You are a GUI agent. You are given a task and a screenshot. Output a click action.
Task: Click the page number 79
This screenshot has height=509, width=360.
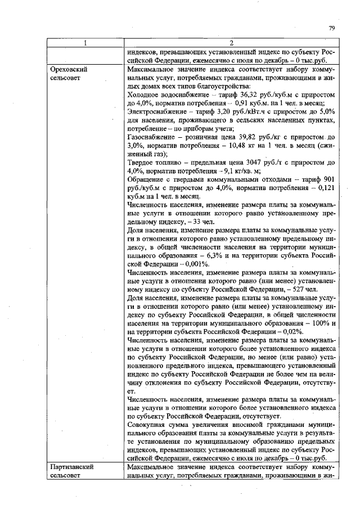click(x=332, y=28)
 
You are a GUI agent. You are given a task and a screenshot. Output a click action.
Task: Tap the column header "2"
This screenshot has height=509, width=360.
click(x=231, y=43)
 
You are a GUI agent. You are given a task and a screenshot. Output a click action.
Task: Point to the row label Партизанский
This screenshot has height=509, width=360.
click(x=71, y=467)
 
